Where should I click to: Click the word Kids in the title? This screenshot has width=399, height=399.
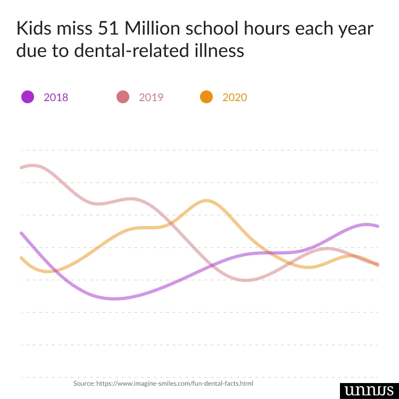35,28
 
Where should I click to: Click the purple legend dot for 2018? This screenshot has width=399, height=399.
28,97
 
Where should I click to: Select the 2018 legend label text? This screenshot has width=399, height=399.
56,97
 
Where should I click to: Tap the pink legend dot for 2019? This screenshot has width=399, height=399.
123,97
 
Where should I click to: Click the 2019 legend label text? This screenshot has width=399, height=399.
151,97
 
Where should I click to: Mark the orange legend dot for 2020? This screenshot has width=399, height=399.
206,97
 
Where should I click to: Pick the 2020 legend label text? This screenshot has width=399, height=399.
235,97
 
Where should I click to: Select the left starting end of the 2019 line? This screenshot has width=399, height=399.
21,168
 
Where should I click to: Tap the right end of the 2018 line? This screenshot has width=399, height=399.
378,226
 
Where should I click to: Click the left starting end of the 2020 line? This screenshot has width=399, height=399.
21,258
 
